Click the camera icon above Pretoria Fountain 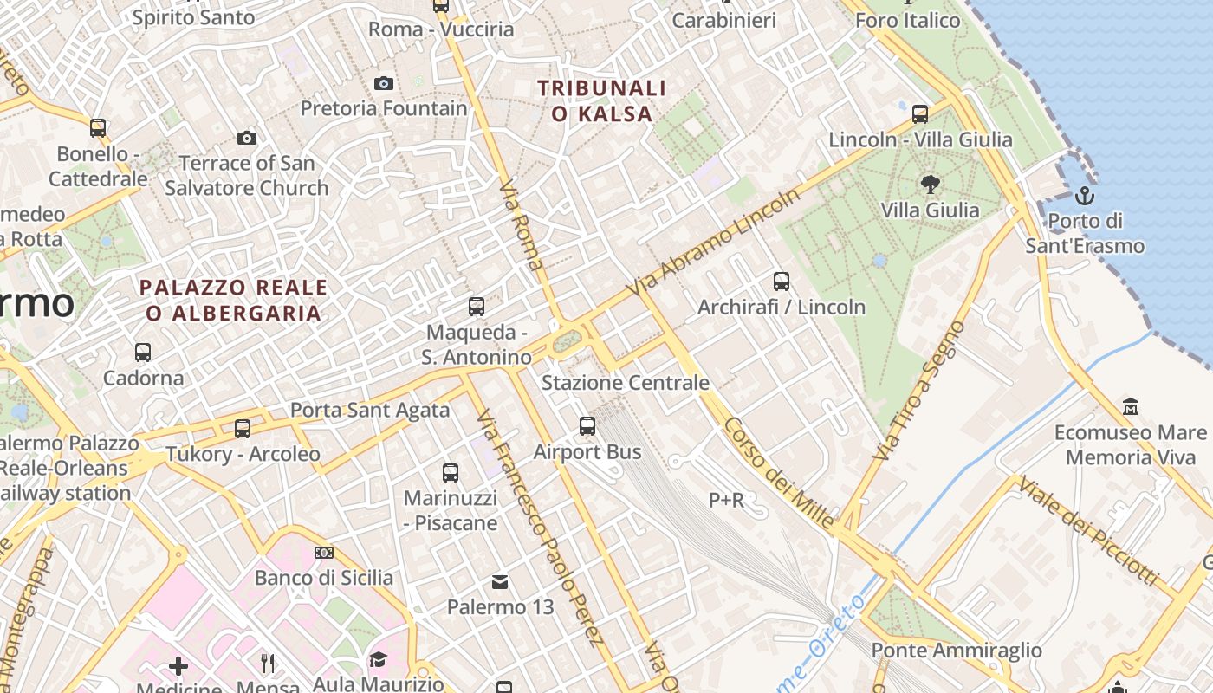click(x=384, y=83)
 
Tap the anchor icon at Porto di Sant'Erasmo click(x=1085, y=195)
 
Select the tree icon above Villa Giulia click(x=931, y=184)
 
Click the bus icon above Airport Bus click(x=587, y=425)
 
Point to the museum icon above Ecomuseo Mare click(x=1130, y=406)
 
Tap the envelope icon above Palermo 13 click(x=500, y=581)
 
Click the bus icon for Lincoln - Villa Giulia click(x=920, y=113)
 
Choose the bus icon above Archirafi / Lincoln click(x=782, y=281)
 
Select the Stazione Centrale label click(x=626, y=382)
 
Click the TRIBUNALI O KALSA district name click(x=601, y=100)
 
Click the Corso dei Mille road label click(x=779, y=473)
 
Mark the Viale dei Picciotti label click(x=1087, y=529)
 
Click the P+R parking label click(x=726, y=500)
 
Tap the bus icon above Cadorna click(x=143, y=353)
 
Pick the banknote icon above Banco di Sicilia click(x=324, y=553)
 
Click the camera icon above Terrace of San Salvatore click(x=247, y=138)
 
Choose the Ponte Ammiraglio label click(x=957, y=650)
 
